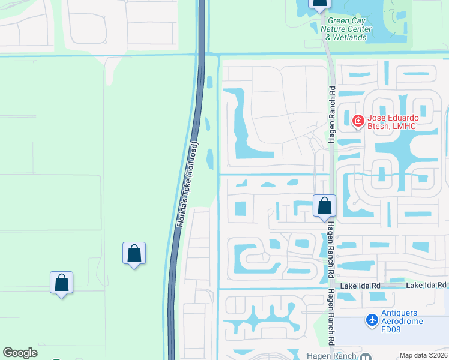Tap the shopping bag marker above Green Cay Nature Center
[x=319, y=4]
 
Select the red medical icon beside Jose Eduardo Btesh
[x=358, y=121]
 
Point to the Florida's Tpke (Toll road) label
[x=187, y=184]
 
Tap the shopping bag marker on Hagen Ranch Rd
[x=324, y=206]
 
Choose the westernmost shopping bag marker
[x=61, y=283]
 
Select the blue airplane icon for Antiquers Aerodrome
[x=372, y=320]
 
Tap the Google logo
[x=20, y=353]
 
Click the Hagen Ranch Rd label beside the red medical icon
[x=331, y=114]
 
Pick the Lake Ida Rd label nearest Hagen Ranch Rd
[x=360, y=286]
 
